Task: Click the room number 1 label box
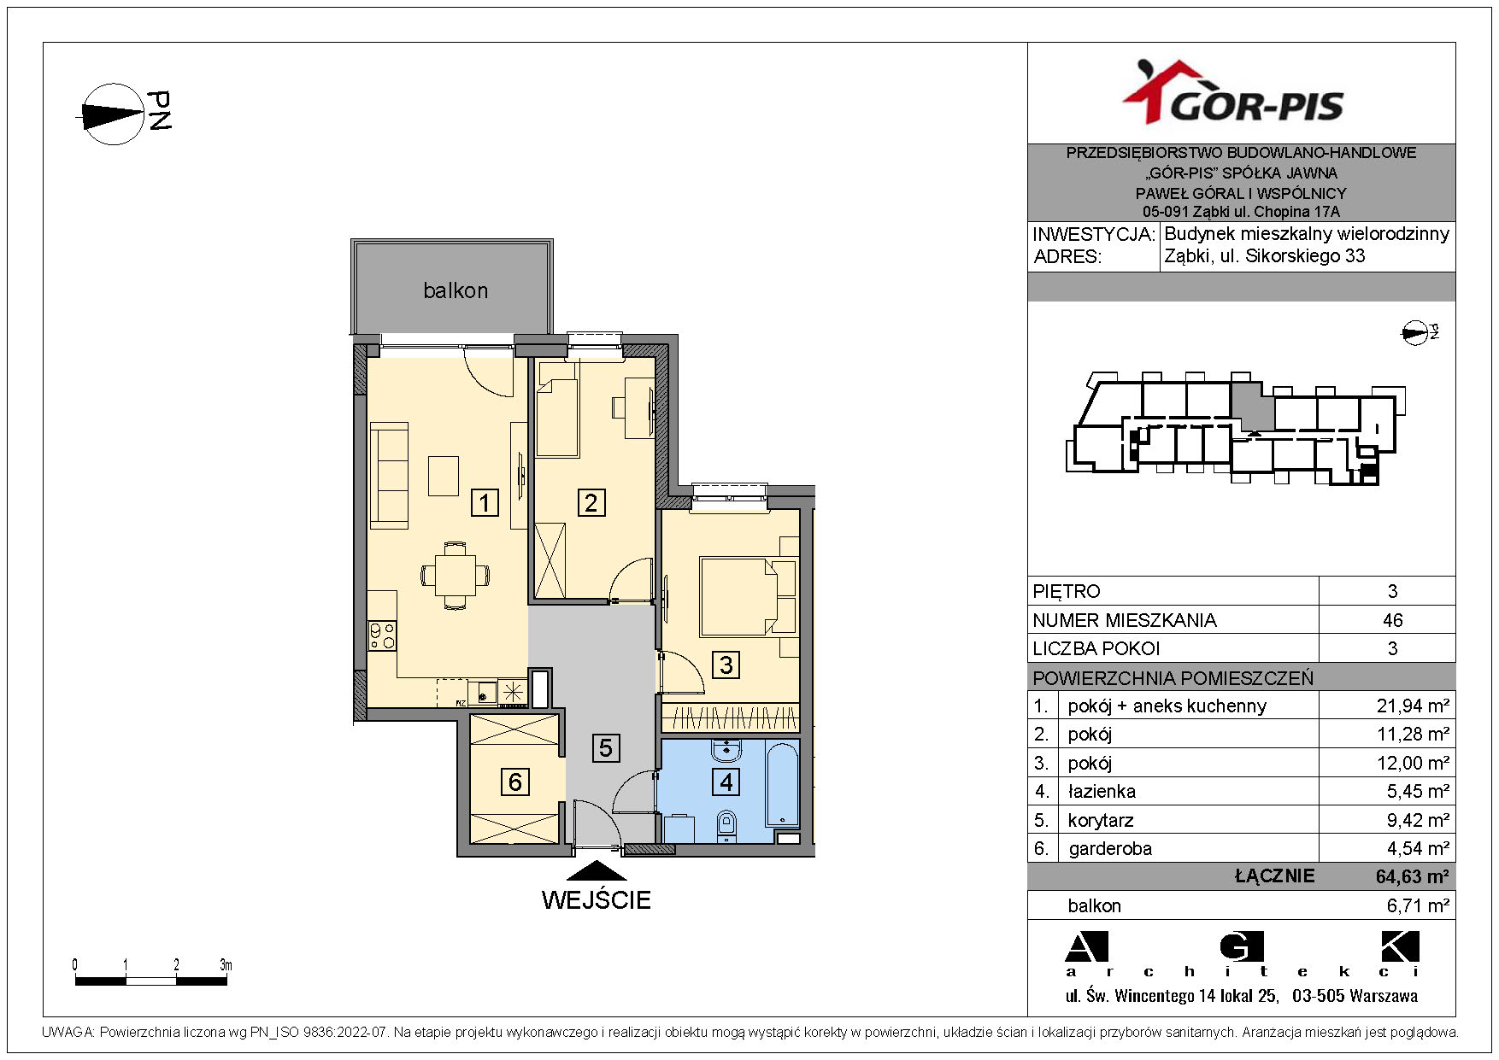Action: tap(485, 502)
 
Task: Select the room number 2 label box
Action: tap(591, 502)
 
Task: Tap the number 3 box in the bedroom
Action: tap(726, 665)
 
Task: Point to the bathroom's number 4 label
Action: tap(726, 782)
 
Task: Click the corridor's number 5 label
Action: tap(605, 748)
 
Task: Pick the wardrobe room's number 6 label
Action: tap(514, 782)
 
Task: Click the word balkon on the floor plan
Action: tap(456, 290)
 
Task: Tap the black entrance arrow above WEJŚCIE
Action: tap(597, 870)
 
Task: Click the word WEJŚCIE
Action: tap(597, 899)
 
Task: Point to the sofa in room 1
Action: tap(389, 475)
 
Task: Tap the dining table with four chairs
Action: tap(456, 575)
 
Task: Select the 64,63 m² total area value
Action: tap(1412, 876)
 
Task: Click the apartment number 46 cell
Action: tap(1392, 620)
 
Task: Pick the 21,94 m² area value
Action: tap(1413, 706)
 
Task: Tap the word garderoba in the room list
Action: tap(1109, 848)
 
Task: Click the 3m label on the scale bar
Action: tap(226, 965)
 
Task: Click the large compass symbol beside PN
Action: tap(113, 114)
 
